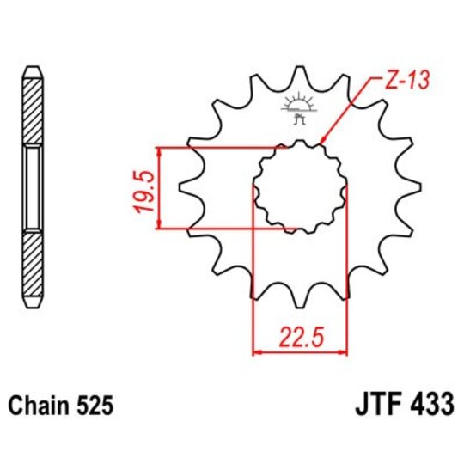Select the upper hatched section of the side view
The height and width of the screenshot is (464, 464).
(x=31, y=112)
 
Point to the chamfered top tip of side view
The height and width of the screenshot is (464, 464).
(x=31, y=69)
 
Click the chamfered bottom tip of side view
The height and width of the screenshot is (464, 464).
(x=31, y=303)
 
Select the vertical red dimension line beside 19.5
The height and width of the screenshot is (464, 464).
(x=160, y=187)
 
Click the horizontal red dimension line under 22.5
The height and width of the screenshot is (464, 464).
(x=299, y=351)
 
